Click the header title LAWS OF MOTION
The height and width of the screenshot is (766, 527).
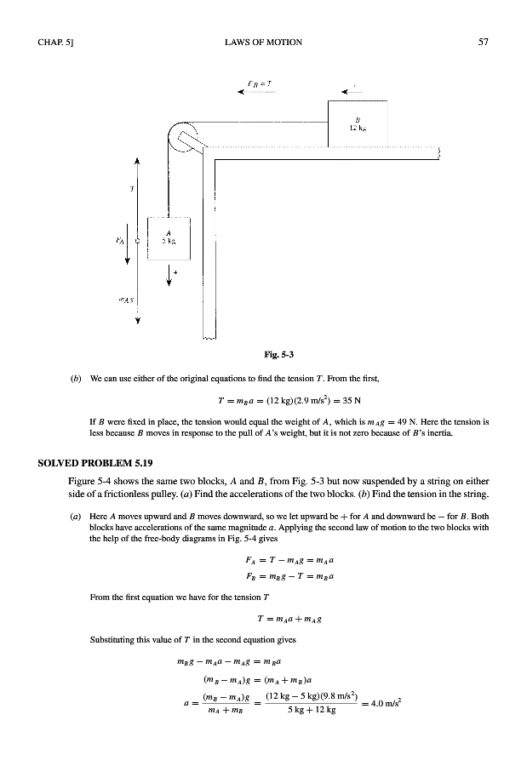click(x=264, y=42)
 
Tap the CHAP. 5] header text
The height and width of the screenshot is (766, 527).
click(x=55, y=42)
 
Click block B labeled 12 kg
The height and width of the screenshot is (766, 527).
click(x=358, y=123)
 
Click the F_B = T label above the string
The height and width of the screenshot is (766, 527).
click(x=259, y=83)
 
